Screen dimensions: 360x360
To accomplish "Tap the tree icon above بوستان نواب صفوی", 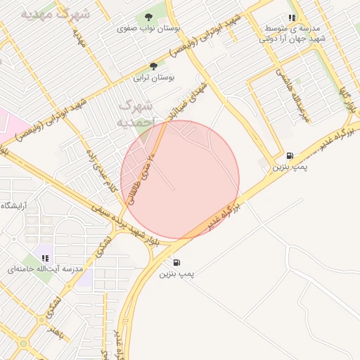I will click(148, 17).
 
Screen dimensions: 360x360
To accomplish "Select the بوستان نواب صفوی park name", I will click(148, 29).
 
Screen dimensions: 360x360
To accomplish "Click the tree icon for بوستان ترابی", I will click(153, 66).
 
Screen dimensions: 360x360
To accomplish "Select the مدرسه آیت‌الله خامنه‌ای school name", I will click(53, 269).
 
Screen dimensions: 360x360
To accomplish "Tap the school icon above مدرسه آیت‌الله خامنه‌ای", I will click(46, 257).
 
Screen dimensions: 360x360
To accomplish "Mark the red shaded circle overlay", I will click(180, 180).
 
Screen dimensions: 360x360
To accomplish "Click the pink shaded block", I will click(11, 123).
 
